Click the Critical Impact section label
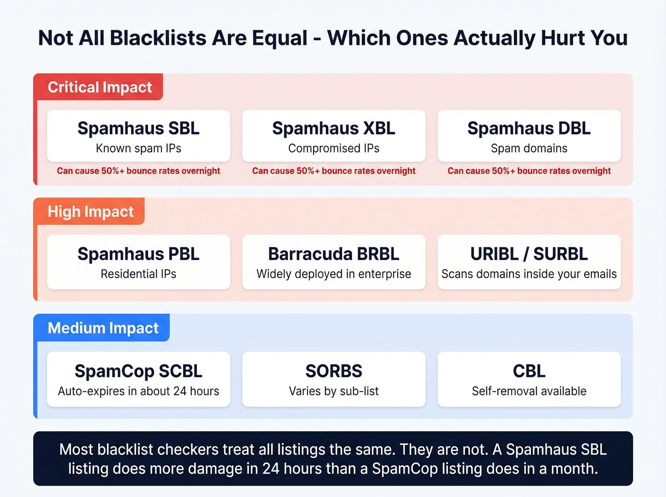[99, 87]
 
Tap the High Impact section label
[90, 211]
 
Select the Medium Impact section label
[103, 328]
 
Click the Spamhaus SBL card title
[138, 128]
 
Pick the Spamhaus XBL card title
[333, 128]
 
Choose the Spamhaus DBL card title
[529, 128]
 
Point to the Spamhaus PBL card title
[138, 254]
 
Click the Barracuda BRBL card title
[333, 254]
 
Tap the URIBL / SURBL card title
[529, 254]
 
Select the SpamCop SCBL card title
[138, 371]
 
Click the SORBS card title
[333, 371]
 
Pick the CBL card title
[529, 371]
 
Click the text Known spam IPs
[138, 148]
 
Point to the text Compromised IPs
[333, 148]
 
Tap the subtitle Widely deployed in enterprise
[333, 274]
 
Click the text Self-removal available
[529, 391]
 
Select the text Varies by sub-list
[333, 391]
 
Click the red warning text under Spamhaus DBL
[529, 171]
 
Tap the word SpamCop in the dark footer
[404, 469]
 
